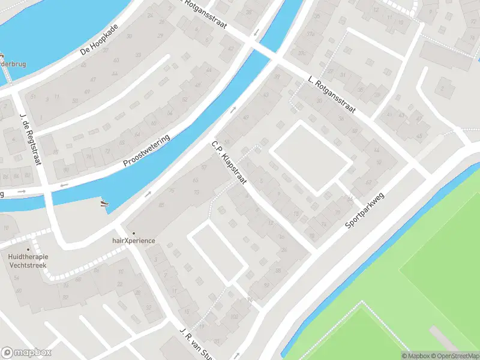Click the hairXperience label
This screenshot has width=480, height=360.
tap(134, 241)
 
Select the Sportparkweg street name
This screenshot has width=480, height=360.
tap(364, 210)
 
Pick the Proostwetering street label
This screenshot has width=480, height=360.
tap(147, 151)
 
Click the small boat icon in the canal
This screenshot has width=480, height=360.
tap(104, 203)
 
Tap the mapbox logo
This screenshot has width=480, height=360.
tap(26, 353)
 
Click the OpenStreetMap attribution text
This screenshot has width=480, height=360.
tap(454, 356)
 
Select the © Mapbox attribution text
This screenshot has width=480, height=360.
tap(415, 356)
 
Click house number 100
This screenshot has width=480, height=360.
tap(233, 316)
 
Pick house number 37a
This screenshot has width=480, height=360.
tap(310, 34)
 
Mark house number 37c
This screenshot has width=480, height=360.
tap(302, 53)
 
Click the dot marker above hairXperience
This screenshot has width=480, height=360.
tap(133, 233)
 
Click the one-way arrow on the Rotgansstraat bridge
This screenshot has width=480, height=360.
tap(257, 32)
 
